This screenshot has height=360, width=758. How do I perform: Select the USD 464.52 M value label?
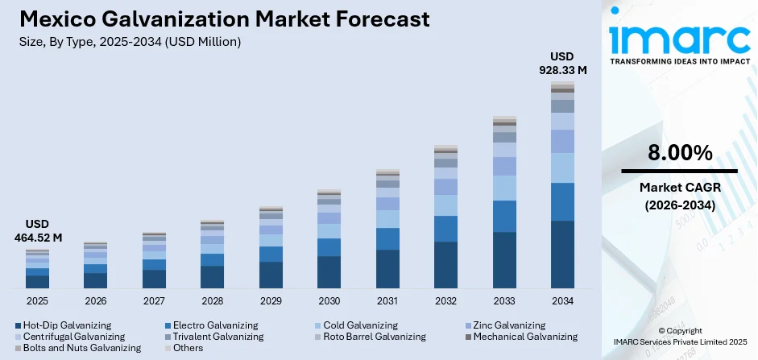pyautogui.click(x=38, y=230)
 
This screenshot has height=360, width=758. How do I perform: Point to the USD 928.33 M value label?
pyautogui.click(x=561, y=63)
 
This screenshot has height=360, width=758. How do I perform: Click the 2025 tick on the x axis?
pyautogui.click(x=37, y=300)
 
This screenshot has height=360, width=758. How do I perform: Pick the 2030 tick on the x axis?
pyautogui.click(x=329, y=300)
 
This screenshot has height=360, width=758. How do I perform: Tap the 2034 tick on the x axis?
pyautogui.click(x=562, y=300)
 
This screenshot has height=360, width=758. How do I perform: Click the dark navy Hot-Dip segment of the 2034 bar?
pyautogui.click(x=562, y=254)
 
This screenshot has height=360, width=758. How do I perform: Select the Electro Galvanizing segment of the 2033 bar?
pyautogui.click(x=504, y=216)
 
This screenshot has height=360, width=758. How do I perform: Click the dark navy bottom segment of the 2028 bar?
pyautogui.click(x=212, y=276)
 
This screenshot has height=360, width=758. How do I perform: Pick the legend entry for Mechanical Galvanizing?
pyautogui.click(x=525, y=336)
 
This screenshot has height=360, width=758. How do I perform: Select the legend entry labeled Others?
pyautogui.click(x=188, y=348)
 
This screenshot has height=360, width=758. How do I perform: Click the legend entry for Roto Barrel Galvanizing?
pyautogui.click(x=373, y=336)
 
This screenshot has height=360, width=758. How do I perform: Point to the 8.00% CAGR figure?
pyautogui.click(x=678, y=152)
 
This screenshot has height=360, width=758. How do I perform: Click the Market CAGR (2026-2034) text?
pyautogui.click(x=678, y=197)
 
